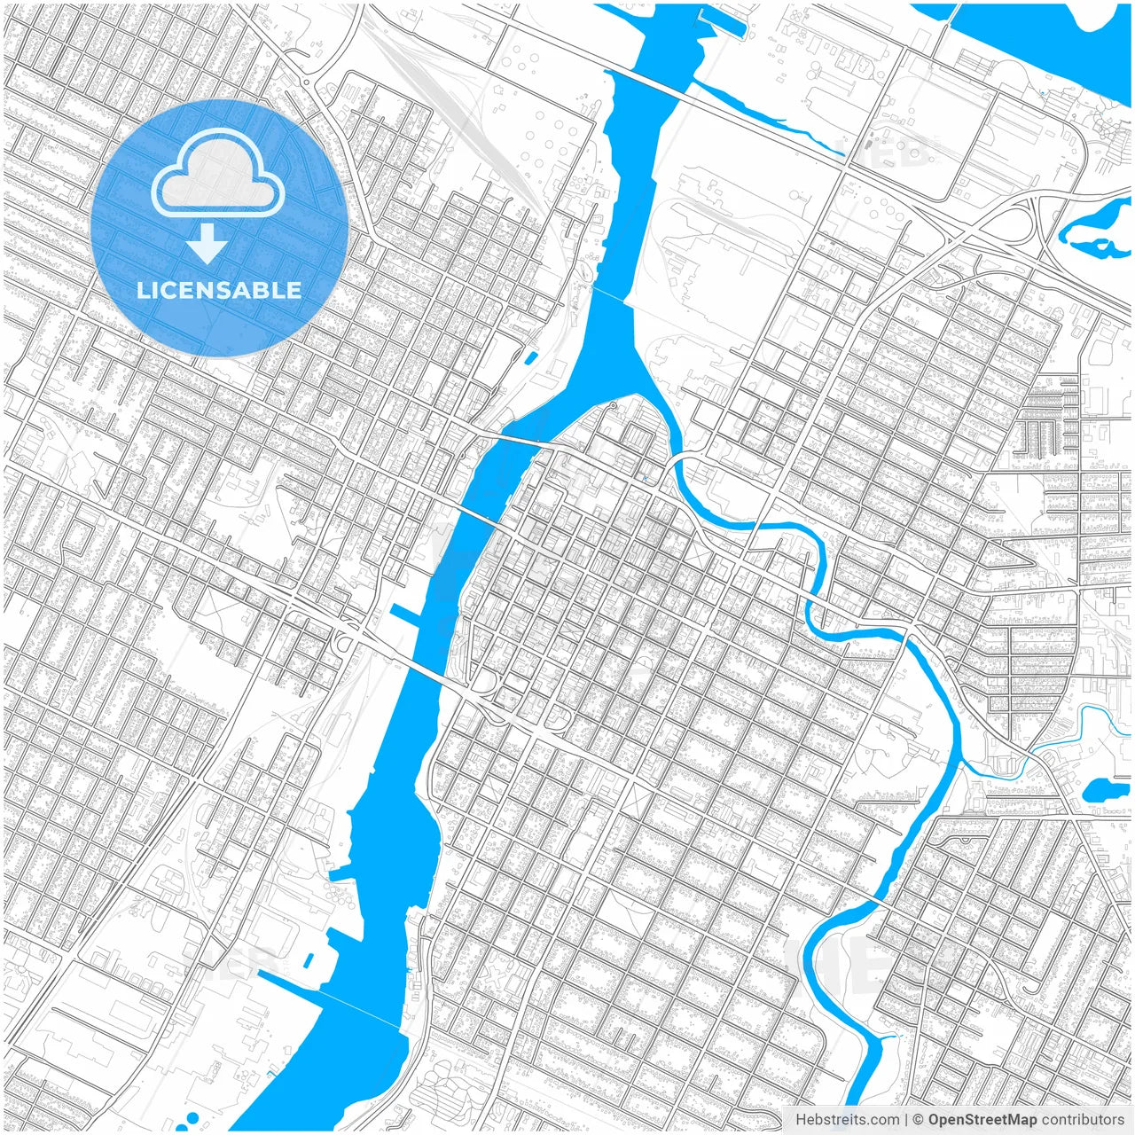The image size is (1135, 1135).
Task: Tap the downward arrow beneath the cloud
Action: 207,244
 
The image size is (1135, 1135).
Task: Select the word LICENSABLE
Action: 219,290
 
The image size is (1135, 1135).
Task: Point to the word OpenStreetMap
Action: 982,1120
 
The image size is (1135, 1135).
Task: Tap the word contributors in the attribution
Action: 1083,1120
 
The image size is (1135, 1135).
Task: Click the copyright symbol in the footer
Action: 918,1120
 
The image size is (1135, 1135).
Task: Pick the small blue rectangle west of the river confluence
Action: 531,358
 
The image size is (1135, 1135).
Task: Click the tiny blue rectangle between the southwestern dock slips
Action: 309,960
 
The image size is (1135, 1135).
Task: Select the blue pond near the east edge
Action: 1104,788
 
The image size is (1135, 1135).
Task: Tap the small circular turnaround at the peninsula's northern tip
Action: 612,406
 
